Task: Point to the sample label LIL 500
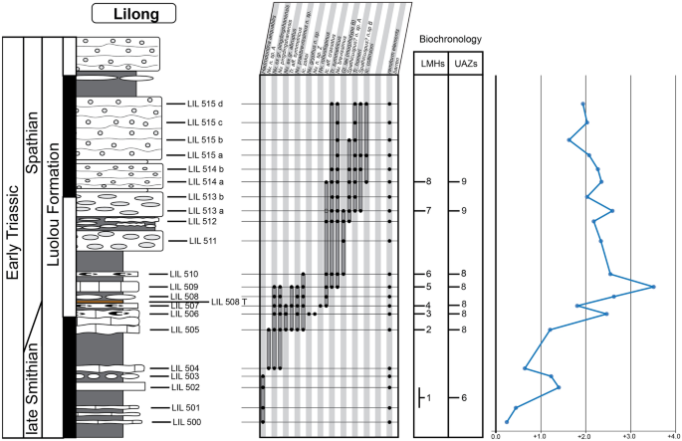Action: [185, 423]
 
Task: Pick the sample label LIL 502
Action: [185, 387]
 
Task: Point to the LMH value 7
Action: [429, 211]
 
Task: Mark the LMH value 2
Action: [429, 330]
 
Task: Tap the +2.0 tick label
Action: [584, 435]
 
